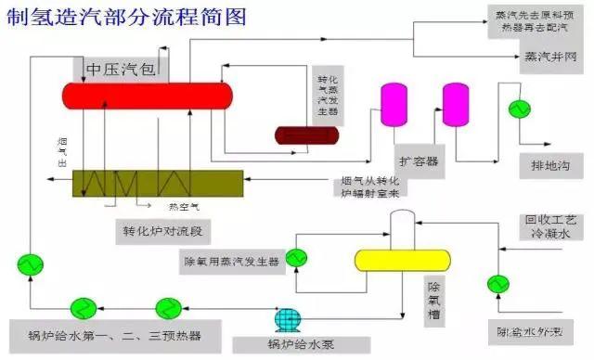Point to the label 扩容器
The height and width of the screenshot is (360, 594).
(x=417, y=161)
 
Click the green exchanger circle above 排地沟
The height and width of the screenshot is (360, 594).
(x=514, y=109)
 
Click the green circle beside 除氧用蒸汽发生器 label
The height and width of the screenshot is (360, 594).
(x=296, y=257)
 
